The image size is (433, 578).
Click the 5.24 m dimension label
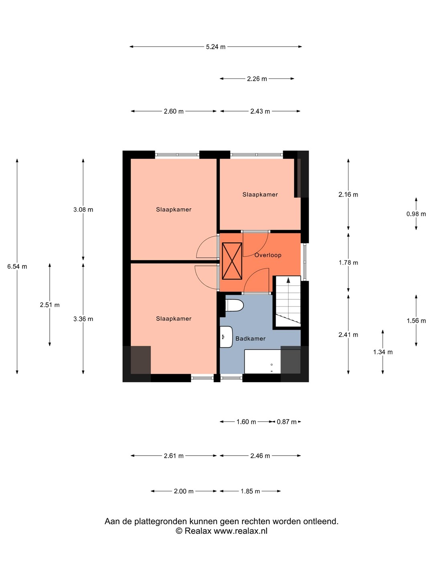(x=216, y=47)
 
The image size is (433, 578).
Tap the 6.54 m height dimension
(x=17, y=267)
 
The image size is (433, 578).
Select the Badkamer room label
(x=250, y=339)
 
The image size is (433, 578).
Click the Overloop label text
(x=268, y=255)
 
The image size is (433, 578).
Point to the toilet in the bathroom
(x=235, y=305)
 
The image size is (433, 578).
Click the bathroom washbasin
(x=226, y=337)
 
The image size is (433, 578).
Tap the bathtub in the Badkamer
(x=263, y=362)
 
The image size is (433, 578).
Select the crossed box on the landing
(x=232, y=261)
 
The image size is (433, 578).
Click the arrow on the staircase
(x=288, y=281)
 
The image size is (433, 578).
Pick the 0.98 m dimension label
(x=416, y=214)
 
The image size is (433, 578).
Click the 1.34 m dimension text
(x=383, y=352)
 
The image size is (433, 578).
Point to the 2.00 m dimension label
(x=184, y=491)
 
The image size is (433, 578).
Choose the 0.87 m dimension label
(x=287, y=422)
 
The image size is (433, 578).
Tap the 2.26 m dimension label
(x=257, y=79)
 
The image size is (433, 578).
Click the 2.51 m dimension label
(x=50, y=305)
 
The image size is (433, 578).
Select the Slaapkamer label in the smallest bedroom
(x=260, y=195)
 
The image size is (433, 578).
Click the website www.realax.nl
(x=241, y=531)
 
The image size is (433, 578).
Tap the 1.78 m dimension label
(x=348, y=263)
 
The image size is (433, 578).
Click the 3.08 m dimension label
(x=83, y=210)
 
